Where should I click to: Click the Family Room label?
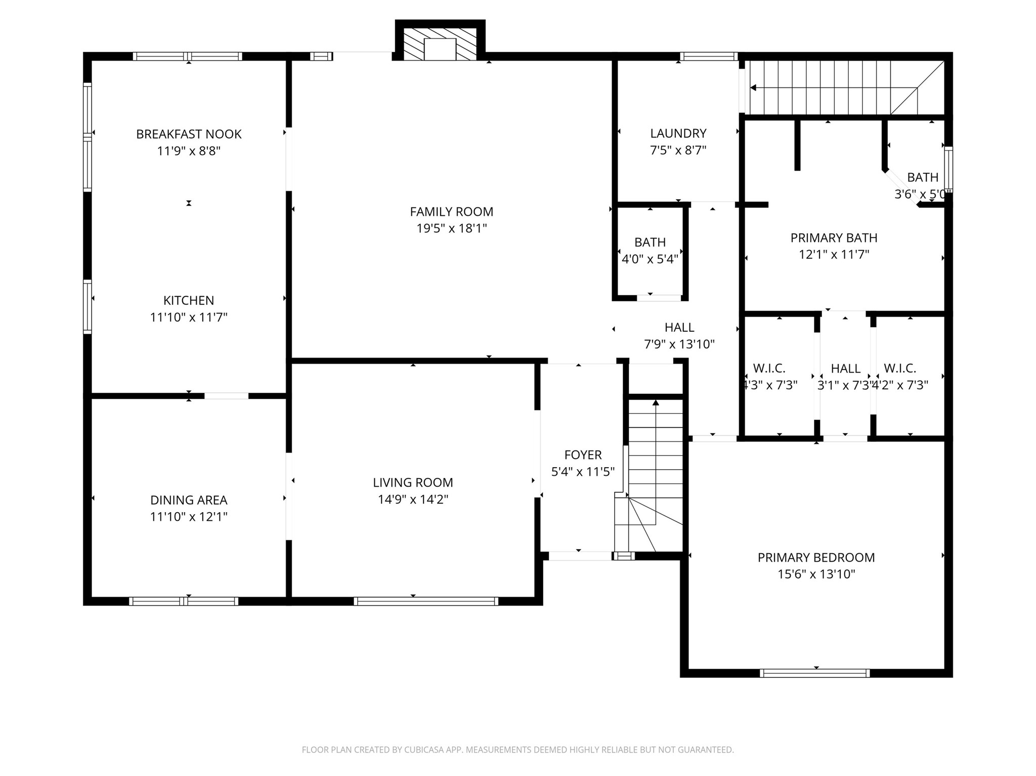tap(451, 211)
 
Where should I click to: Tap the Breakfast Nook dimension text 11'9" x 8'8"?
tap(189, 151)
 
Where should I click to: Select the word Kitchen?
tap(189, 300)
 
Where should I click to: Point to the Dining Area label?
tap(189, 500)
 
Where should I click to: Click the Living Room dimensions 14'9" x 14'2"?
tap(413, 499)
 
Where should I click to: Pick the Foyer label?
tap(583, 455)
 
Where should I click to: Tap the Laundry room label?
tap(678, 133)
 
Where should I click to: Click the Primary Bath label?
tap(834, 238)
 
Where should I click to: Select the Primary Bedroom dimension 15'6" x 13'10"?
tap(816, 574)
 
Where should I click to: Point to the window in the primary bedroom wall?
tap(815, 673)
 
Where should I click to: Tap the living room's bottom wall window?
tap(426, 601)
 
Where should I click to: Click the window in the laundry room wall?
tap(708, 56)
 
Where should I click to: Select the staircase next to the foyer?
tap(650, 475)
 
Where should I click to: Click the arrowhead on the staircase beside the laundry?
tap(753, 88)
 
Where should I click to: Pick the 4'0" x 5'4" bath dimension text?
tap(650, 259)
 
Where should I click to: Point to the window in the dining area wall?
tap(184, 601)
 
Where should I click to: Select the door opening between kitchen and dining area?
tap(226, 396)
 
